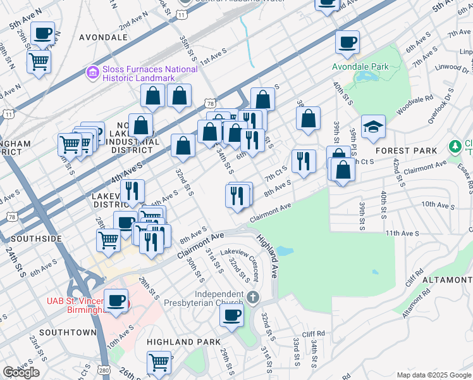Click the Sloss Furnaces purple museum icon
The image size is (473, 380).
click(x=93, y=73)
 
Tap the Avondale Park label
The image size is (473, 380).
click(x=361, y=66)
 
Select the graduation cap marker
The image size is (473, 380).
click(x=373, y=127)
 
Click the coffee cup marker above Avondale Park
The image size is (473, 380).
click(x=347, y=42)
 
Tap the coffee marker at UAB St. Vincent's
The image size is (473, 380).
click(x=116, y=301)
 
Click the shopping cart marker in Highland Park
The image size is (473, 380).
click(x=159, y=362)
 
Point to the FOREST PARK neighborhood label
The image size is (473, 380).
click(x=406, y=151)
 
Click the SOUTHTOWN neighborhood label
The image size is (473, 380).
click(x=67, y=332)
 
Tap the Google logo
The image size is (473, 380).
click(x=21, y=372)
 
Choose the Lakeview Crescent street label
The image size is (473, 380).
click(x=233, y=263)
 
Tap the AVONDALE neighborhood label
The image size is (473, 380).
click(x=104, y=37)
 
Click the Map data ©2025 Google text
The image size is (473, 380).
click(x=433, y=375)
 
